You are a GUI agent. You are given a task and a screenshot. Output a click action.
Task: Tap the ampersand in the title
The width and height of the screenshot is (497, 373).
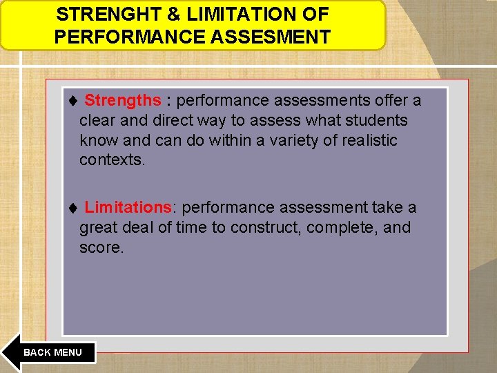click(x=160, y=14)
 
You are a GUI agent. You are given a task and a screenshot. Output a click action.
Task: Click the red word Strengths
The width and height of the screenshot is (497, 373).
click(x=122, y=101)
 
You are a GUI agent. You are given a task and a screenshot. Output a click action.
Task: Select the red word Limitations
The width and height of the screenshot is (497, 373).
click(x=128, y=207)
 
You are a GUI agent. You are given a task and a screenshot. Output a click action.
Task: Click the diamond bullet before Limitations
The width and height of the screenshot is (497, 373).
click(x=74, y=208)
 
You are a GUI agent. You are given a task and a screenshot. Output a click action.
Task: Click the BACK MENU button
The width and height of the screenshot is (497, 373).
click(x=52, y=352)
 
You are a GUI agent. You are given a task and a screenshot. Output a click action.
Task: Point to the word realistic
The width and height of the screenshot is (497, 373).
click(x=362, y=140)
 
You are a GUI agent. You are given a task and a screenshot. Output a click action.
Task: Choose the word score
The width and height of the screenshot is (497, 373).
click(x=101, y=247)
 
